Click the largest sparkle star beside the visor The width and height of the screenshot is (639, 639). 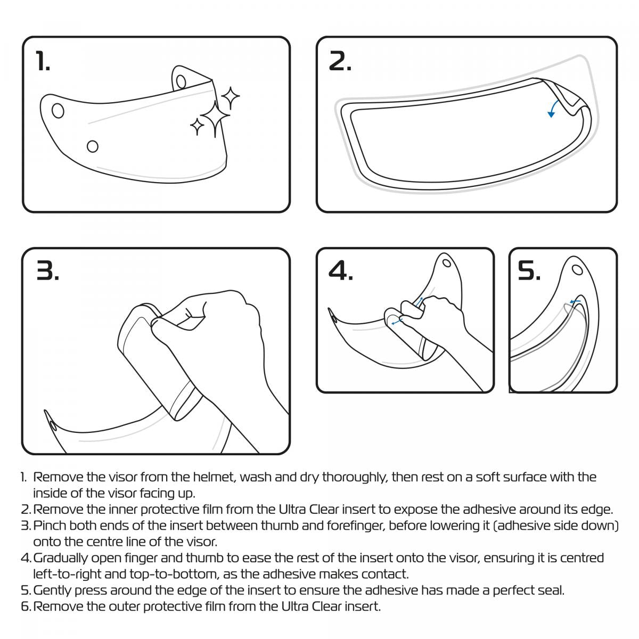[x=215, y=118]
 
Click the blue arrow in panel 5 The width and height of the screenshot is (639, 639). [x=575, y=302]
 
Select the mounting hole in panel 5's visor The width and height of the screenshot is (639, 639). [x=577, y=269]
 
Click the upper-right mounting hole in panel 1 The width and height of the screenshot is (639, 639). [x=181, y=81]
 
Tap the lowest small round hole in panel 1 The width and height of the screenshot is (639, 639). [x=93, y=145]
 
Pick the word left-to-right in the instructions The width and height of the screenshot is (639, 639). [x=69, y=574]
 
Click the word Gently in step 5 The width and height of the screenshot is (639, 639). [x=52, y=590]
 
